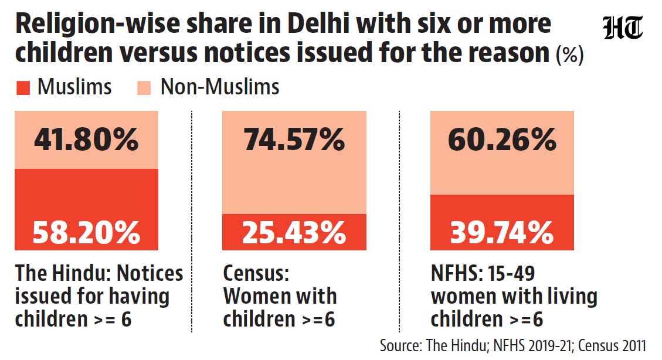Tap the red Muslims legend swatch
[x=23, y=88]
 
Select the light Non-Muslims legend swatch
[x=144, y=88]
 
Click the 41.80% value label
[x=87, y=140]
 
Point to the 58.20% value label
[x=87, y=233]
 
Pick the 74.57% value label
[x=294, y=140]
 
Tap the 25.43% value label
[x=294, y=233]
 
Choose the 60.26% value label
[x=502, y=140]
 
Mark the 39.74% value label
[x=502, y=233]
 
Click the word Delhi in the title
[x=318, y=23]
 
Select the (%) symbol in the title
[x=570, y=55]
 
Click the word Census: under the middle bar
[x=256, y=273]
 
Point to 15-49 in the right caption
[x=509, y=273]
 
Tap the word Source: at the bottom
[x=400, y=346]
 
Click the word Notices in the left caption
[x=150, y=273]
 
